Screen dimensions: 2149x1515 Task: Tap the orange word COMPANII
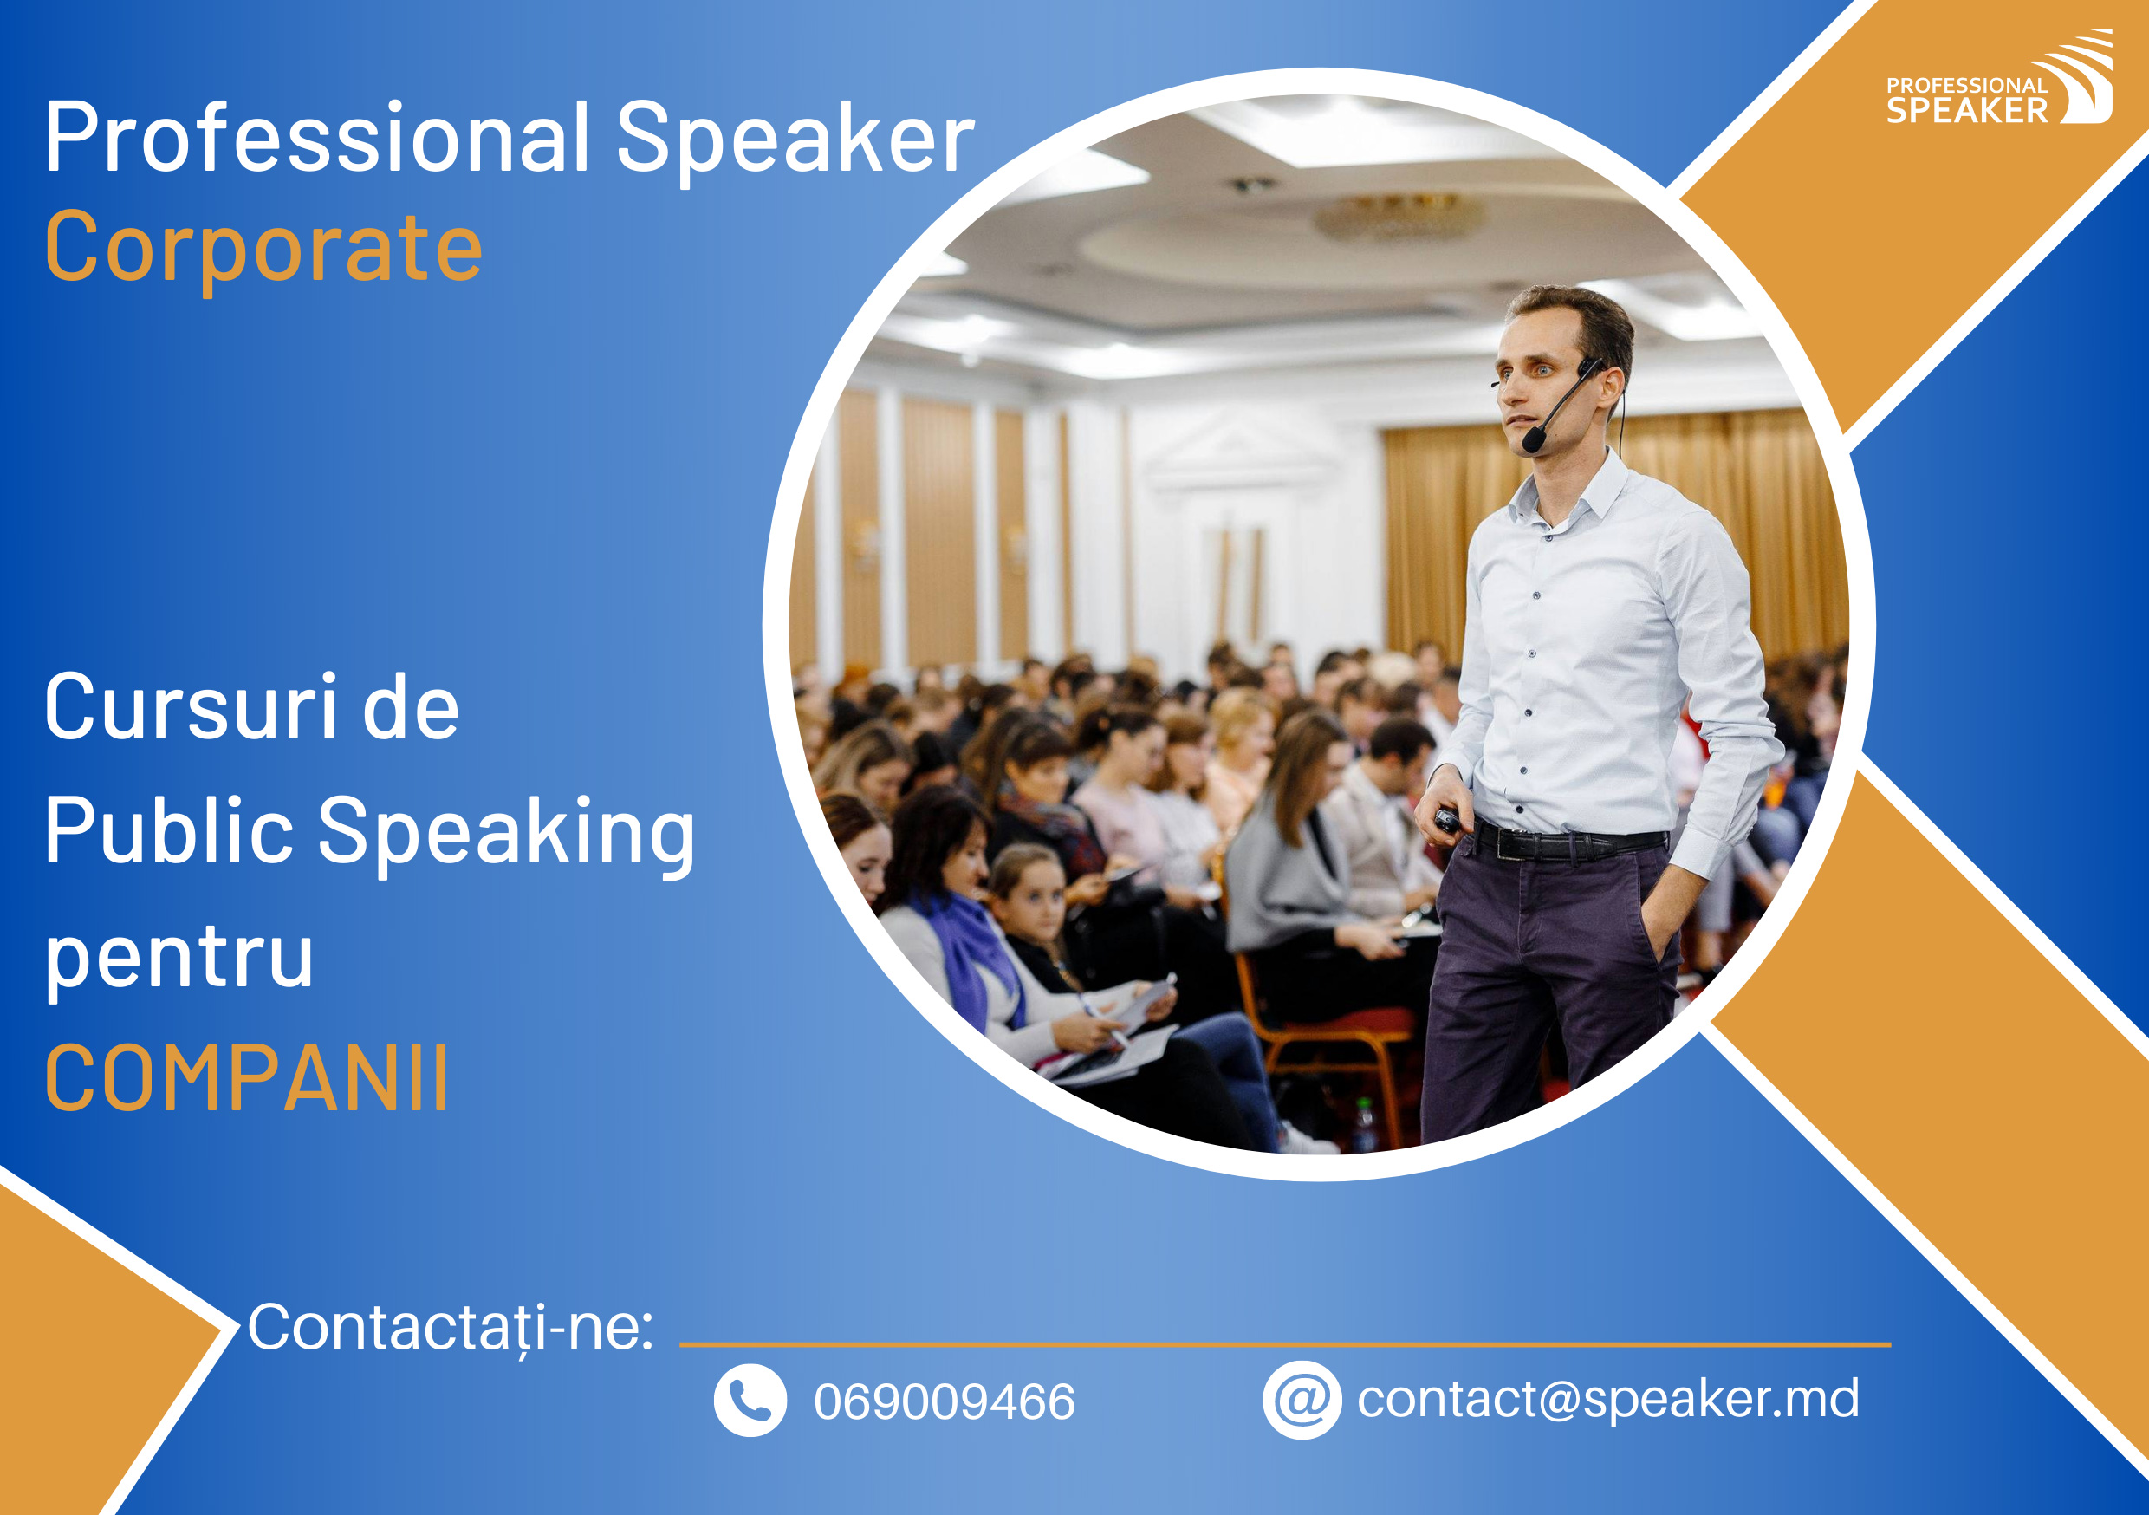tap(247, 1079)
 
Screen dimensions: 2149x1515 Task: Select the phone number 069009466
tap(945, 1401)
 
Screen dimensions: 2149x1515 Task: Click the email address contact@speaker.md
tap(1608, 1399)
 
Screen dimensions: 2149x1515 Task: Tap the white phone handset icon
tap(750, 1400)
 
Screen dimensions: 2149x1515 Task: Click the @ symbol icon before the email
tap(1302, 1400)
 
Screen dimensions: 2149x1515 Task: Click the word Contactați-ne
tap(451, 1328)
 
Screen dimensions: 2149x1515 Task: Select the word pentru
tap(179, 959)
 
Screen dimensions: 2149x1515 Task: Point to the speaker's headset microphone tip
tap(1533, 439)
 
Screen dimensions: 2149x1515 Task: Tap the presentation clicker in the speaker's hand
tap(1448, 820)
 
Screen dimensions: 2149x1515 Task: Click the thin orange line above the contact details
tap(1285, 1344)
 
